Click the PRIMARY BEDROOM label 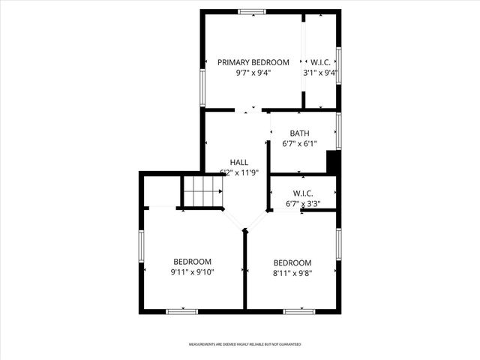click(253, 62)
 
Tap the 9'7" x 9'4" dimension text click(253, 73)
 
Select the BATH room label click(299, 133)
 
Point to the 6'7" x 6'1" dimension click(299, 144)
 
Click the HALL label click(238, 162)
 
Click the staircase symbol click(203, 192)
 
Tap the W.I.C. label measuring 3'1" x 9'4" click(320, 62)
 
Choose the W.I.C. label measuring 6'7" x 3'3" click(303, 193)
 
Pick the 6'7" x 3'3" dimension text click(303, 203)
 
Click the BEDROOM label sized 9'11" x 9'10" click(193, 262)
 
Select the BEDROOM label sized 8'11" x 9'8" click(292, 262)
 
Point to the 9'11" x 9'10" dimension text click(193, 272)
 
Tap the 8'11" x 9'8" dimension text click(292, 273)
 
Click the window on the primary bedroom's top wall click(252, 11)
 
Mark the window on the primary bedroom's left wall click(202, 87)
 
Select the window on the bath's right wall click(339, 130)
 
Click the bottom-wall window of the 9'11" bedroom click(181, 310)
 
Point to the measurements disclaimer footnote click(244, 344)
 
